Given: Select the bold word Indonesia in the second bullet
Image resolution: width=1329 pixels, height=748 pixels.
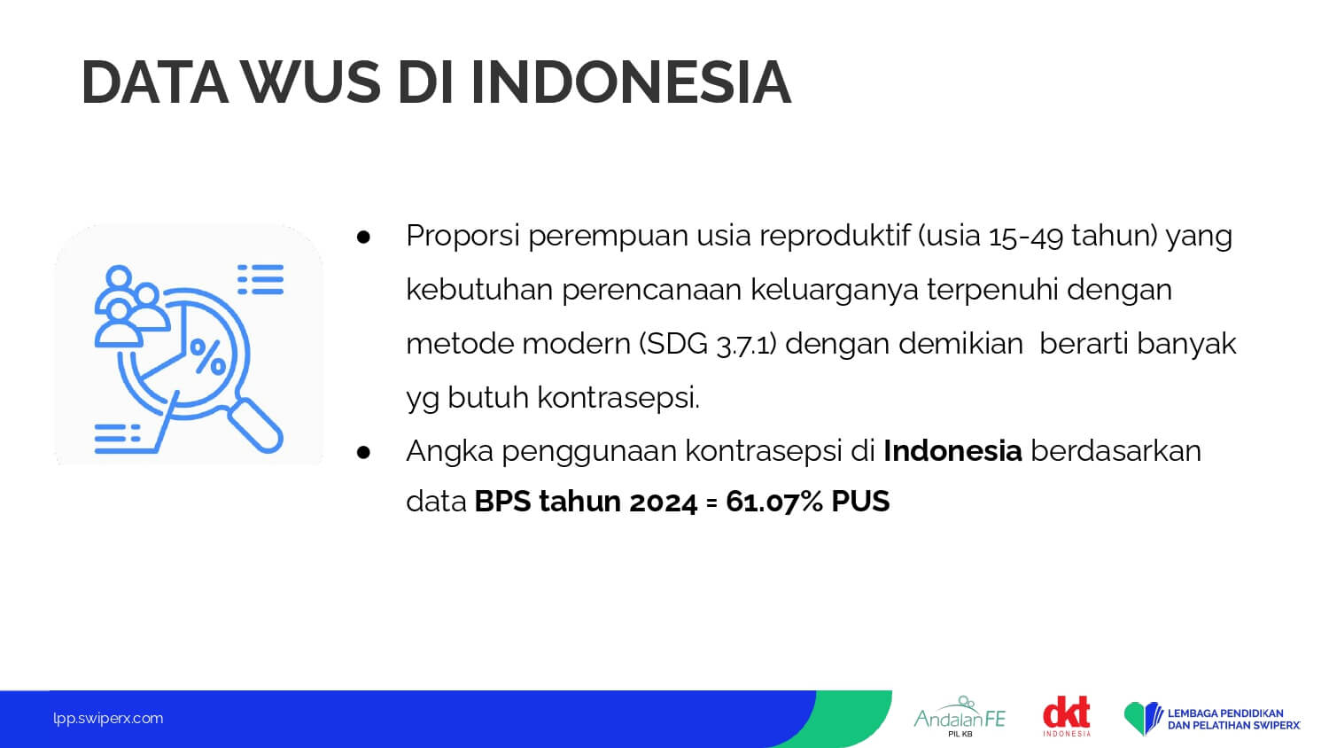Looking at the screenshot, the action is coord(952,450).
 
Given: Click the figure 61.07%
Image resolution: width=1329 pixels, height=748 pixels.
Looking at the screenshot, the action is coord(773,501).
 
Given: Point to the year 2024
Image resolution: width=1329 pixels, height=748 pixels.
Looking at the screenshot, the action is coord(663,502).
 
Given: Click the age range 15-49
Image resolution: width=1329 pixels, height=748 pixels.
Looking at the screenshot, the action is coord(1025,237).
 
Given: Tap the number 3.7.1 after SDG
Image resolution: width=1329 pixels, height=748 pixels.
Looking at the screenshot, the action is coord(746,345).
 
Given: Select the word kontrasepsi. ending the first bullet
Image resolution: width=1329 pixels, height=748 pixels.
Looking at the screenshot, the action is coord(618,398).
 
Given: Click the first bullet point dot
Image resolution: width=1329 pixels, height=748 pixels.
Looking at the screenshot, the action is coord(363,238).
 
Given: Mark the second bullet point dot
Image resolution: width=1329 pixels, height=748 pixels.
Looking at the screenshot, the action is coord(363,453).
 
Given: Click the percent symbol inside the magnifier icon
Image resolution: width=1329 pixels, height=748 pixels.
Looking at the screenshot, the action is coord(207,356).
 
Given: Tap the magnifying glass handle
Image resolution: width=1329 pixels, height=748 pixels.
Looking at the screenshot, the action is coord(255,425).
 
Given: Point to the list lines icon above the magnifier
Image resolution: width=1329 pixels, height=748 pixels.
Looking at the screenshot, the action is coord(260,279).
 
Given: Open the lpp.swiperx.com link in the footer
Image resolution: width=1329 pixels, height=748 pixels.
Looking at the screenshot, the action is coord(108,719).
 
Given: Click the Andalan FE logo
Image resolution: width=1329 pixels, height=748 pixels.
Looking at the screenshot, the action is coord(960,716).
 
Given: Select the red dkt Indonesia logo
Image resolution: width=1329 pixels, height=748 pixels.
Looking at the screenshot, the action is coord(1067,716).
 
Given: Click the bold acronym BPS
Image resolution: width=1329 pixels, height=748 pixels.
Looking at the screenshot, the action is coord(502,501).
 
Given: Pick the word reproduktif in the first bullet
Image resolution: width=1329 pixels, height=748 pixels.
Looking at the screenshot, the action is coord(835,237).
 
